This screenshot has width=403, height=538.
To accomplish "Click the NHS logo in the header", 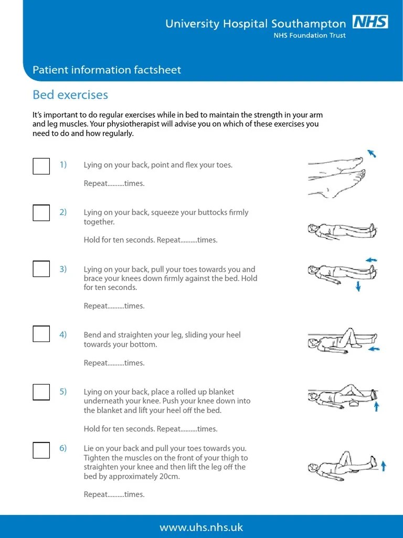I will [370, 22].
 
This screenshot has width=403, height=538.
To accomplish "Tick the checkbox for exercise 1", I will [41, 166].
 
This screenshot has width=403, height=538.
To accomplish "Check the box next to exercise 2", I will [41, 213].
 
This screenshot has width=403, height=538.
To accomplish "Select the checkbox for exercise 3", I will [41, 269].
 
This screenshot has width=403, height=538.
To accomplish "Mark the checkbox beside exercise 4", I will [41, 334].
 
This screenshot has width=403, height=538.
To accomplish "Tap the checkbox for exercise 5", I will [41, 392].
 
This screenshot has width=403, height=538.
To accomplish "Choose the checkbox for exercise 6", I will [41, 450].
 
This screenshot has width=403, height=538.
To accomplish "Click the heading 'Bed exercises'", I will [70, 95].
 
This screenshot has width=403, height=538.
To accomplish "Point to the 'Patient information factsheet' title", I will [107, 70].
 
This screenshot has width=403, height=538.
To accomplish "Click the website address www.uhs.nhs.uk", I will [201, 527].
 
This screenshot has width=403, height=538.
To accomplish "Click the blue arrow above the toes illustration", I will [372, 153].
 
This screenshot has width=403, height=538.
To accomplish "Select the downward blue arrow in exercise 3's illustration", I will [358, 286].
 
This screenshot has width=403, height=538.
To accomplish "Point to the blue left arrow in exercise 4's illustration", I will [374, 348].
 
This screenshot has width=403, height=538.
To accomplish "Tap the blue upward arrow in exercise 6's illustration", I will [384, 465].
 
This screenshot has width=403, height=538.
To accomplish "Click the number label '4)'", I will [63, 335].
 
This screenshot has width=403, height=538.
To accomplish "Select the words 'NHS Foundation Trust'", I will [310, 36].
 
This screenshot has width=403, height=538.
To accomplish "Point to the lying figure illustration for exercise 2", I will [341, 230].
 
